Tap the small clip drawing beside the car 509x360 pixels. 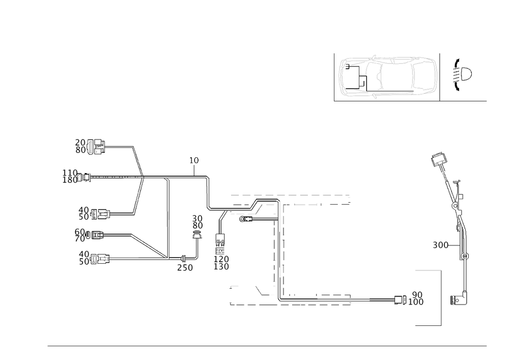[x=462, y=75]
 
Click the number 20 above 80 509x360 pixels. [x=80, y=143]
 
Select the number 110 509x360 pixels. [x=69, y=172]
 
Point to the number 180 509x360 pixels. [x=69, y=180]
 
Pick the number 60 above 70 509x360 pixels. [x=79, y=231]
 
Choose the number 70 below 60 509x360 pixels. [x=79, y=238]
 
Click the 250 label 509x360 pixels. [x=185, y=268]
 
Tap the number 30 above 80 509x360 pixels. [x=197, y=218]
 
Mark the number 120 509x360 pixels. [x=222, y=259]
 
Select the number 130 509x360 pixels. [x=222, y=267]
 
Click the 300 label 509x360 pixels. [x=440, y=245]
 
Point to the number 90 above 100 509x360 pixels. [x=417, y=294]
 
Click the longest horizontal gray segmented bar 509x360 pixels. [x=290, y=195]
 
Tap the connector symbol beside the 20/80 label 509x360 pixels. [x=98, y=149]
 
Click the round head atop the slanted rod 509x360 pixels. [x=438, y=157]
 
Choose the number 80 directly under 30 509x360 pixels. [x=197, y=226]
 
